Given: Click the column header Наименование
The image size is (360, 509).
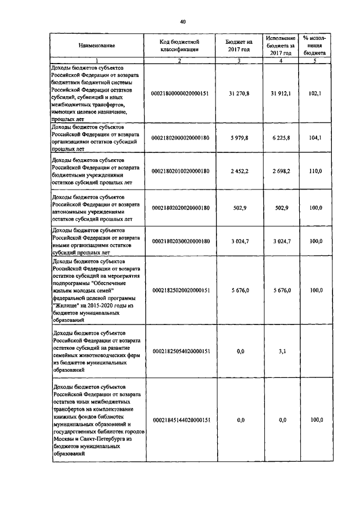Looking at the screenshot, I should click(x=97, y=45).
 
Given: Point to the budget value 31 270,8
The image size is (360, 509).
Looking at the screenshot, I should click(x=239, y=93).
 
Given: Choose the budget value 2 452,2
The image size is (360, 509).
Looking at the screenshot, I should click(x=239, y=170).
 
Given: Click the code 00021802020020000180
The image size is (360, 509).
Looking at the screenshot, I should click(x=180, y=208).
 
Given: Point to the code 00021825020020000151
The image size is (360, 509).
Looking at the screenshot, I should click(x=180, y=290).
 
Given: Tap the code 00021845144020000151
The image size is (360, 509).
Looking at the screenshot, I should click(x=180, y=420).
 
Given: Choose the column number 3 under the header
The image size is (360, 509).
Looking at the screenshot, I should click(x=239, y=60).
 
